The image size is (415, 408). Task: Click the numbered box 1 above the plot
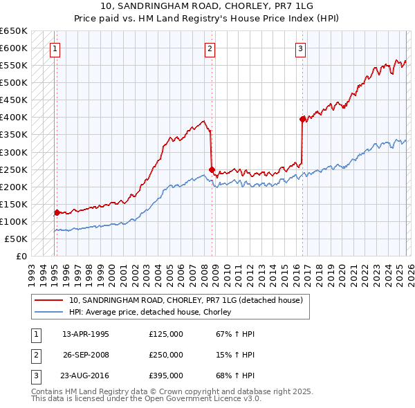[55, 48]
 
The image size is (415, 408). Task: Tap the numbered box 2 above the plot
[210, 48]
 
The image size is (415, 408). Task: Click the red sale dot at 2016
[302, 119]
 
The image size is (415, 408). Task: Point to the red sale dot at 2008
[212, 169]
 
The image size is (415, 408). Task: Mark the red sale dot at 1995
[57, 213]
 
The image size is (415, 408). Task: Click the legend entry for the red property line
[185, 301]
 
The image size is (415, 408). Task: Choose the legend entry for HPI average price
[149, 313]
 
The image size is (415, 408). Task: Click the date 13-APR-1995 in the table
[86, 334]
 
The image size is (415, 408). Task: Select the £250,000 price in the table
[166, 355]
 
